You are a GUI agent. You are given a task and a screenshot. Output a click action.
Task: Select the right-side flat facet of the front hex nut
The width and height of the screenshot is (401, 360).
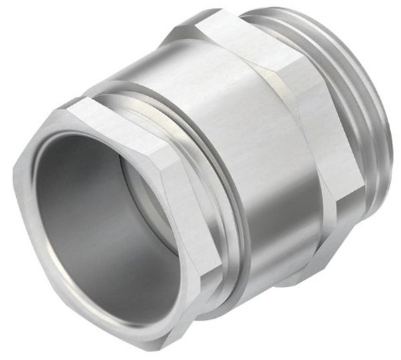click(200, 220)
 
